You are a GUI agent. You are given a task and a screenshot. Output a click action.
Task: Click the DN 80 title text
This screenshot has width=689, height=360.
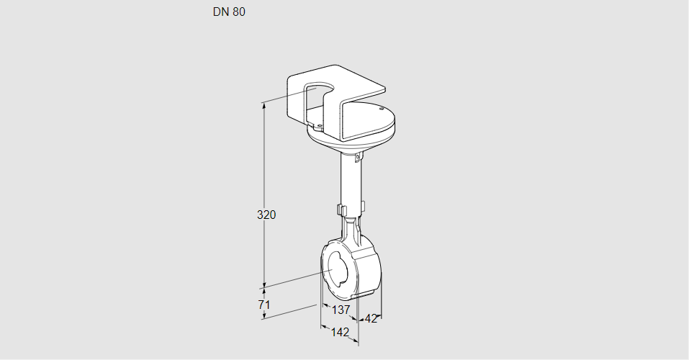[229, 12]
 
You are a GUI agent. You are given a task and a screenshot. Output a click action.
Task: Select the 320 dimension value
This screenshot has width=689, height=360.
[267, 215]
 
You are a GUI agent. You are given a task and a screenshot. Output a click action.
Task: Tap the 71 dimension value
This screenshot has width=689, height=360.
[264, 305]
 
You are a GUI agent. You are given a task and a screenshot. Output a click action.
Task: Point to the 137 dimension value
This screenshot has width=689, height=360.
[341, 310]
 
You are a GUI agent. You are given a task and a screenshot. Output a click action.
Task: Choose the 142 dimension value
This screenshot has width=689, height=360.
[340, 332]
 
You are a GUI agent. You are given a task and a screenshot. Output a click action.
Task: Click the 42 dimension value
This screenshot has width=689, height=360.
[371, 318]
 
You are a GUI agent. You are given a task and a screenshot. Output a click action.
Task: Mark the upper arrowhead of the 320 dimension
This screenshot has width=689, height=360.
[264, 105]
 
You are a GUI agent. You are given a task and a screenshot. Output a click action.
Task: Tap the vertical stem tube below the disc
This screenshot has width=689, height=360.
[352, 180]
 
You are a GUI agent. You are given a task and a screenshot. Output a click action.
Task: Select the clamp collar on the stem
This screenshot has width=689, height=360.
[351, 210]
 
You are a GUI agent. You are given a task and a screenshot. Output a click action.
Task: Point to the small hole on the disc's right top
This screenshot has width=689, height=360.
[381, 109]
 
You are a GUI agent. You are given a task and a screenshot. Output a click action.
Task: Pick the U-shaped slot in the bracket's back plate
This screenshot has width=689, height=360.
[318, 97]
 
